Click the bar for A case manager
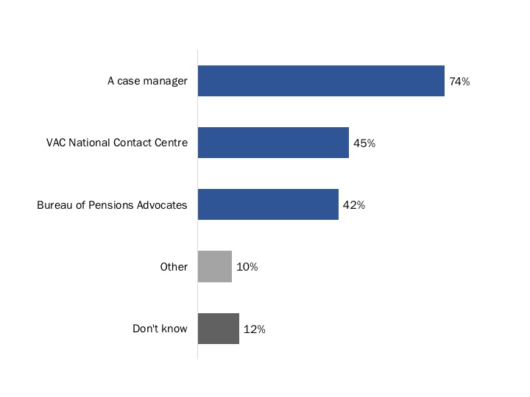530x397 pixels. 321,82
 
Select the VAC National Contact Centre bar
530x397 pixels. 273,143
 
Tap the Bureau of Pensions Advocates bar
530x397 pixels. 268,205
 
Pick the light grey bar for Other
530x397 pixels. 215,267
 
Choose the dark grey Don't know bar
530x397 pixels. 219,329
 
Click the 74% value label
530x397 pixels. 459,82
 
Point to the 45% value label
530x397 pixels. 364,144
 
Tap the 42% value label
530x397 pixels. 354,206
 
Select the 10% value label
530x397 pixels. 247,268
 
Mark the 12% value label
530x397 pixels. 254,329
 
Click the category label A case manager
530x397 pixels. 147,82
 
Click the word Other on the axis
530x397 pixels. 174,267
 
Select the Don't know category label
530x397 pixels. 160,329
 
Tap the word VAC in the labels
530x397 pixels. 56,143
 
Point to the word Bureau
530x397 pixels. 54,205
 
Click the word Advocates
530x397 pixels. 163,205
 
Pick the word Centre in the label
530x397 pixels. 171,143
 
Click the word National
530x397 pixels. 90,143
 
